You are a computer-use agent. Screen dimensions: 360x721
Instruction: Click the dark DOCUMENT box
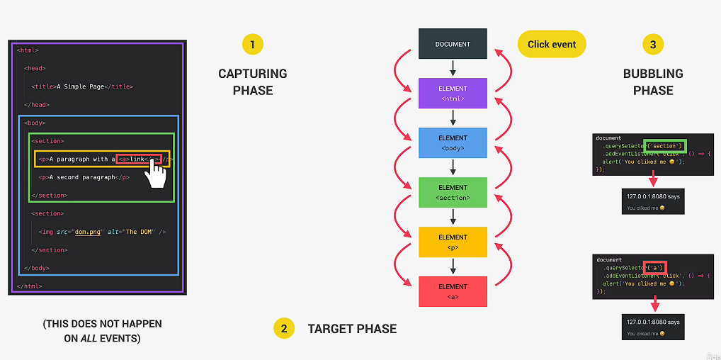[453, 44]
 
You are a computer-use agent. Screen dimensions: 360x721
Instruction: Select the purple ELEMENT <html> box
[453, 94]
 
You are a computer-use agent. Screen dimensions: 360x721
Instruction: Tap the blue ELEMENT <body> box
[453, 142]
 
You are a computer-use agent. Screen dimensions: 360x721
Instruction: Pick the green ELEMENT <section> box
[453, 192]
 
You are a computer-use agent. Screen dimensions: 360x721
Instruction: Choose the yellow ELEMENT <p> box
[453, 242]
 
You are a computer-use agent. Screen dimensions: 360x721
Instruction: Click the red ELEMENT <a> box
[453, 291]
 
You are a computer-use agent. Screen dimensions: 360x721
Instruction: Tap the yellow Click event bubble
[552, 44]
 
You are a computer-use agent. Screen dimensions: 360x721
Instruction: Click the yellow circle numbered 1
[252, 45]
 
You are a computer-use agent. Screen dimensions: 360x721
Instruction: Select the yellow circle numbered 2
[283, 328]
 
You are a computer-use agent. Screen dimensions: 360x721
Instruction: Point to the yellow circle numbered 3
[653, 45]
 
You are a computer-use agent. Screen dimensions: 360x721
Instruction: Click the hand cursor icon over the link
[156, 172]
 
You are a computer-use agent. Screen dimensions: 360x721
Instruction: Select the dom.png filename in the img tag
[85, 232]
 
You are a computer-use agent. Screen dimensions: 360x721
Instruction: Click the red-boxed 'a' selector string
[655, 267]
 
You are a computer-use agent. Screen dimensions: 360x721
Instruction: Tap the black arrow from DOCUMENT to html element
[453, 68]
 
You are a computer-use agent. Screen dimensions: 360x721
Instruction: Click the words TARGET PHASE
[352, 329]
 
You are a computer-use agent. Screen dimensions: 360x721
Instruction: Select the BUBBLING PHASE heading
[653, 81]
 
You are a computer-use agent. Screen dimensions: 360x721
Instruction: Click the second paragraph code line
[84, 177]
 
